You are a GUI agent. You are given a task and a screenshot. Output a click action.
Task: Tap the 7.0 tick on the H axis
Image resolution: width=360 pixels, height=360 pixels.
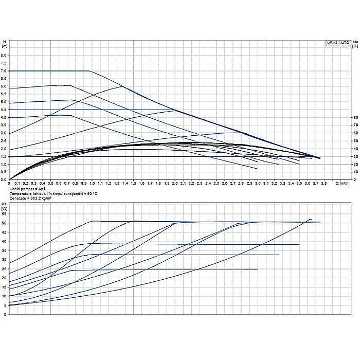[x=4, y=70]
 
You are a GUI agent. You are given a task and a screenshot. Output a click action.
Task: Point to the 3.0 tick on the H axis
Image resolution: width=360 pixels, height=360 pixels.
[x=4, y=133]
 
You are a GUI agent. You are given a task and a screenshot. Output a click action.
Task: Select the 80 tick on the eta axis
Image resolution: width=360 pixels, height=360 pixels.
[x=355, y=117]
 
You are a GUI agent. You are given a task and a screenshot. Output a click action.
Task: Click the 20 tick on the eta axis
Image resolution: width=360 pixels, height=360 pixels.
[x=355, y=164]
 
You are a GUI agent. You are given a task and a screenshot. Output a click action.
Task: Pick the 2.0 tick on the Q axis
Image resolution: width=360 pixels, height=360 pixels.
[x=175, y=183]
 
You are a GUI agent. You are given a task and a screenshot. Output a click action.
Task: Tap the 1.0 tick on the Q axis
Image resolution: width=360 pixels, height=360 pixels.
[x=92, y=183]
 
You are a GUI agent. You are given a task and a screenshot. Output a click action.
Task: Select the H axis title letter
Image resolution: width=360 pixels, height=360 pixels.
[x=4, y=41]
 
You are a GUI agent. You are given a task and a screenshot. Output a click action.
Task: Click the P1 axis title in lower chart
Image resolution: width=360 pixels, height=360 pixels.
[x=4, y=204]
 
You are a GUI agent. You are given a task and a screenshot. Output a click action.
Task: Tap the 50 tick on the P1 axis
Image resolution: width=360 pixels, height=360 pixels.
[x=5, y=223]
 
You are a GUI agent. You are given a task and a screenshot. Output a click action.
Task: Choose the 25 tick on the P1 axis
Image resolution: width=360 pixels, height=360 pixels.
[x=5, y=268]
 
